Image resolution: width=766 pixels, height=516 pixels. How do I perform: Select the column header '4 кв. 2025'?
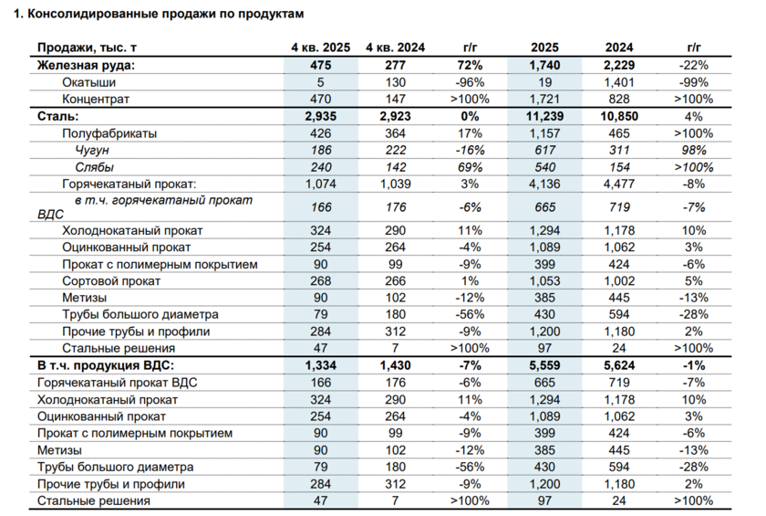tap(319, 47)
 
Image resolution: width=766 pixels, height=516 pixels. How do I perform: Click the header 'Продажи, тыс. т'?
tap(90, 47)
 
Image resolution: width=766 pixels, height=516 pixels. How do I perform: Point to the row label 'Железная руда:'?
tap(85, 65)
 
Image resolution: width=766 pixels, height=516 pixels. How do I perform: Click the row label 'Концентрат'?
tap(96, 99)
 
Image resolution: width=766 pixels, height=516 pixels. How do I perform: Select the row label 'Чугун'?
tap(92, 150)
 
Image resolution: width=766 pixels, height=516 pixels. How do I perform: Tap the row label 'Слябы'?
tap(94, 167)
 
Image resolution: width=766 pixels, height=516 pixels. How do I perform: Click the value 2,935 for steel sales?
tap(319, 117)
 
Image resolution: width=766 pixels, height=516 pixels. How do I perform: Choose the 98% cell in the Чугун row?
tap(692, 150)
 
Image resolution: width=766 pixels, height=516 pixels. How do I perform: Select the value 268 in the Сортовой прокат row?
tap(319, 280)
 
